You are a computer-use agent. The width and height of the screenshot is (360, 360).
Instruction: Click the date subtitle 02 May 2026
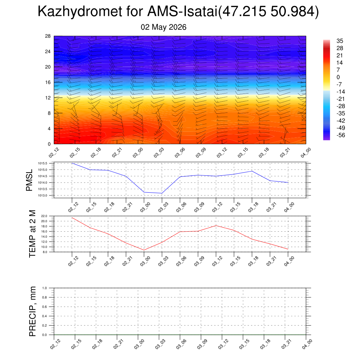[x=163, y=27]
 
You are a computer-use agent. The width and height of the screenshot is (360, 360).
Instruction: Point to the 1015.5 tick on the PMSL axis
[x=43, y=163]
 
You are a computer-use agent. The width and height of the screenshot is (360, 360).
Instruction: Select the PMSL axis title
[x=29, y=180]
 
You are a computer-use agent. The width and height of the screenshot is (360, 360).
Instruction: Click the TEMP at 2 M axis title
[x=32, y=234]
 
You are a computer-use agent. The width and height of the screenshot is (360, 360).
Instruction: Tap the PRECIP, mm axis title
[x=32, y=311]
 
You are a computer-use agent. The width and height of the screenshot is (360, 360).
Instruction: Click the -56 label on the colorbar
[x=341, y=135]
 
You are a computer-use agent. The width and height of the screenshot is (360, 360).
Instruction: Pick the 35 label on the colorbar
[x=340, y=41]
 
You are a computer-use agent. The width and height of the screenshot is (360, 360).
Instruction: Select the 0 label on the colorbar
[x=338, y=77]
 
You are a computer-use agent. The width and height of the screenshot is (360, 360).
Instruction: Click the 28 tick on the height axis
[x=48, y=36]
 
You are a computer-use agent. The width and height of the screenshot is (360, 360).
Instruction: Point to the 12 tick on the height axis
[x=48, y=98]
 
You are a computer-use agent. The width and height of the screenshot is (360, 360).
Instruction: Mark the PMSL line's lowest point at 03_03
[x=162, y=193]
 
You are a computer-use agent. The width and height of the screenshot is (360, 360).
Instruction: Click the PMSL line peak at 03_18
[x=252, y=171]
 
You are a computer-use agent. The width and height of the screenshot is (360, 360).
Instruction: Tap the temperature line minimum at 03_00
[x=144, y=250]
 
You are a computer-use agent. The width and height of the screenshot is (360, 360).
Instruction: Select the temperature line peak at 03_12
[x=216, y=226]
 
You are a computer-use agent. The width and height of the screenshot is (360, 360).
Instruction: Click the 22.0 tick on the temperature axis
[x=44, y=216]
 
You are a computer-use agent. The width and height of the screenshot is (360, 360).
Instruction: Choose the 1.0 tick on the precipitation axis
[x=45, y=288]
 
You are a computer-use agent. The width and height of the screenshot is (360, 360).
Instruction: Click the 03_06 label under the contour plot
[x=180, y=153]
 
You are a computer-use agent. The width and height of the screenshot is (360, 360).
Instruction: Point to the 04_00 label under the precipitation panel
[x=306, y=345]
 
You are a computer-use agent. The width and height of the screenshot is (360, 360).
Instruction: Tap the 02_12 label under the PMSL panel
[x=73, y=207]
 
